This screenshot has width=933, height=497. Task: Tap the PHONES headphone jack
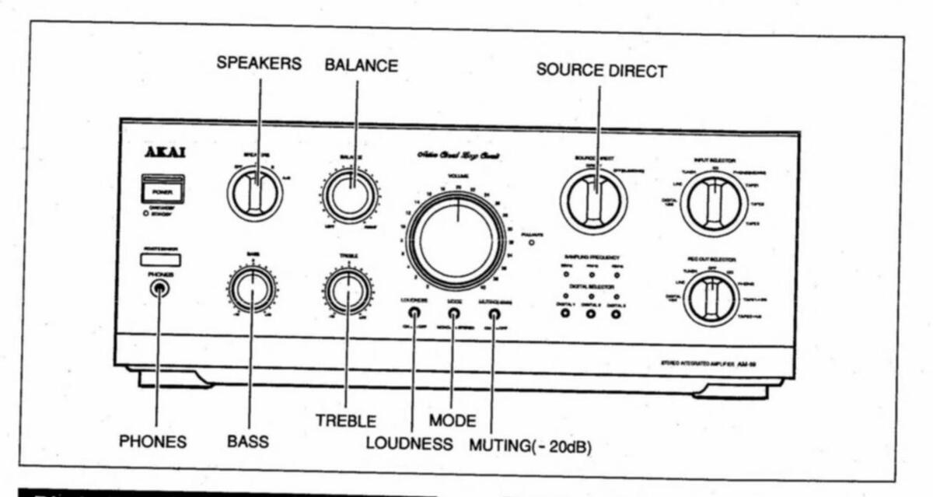point(159,289)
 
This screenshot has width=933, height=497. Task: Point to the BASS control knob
point(253,289)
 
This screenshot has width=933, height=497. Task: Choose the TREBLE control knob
point(348,290)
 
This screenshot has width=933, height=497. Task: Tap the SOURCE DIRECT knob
point(594,201)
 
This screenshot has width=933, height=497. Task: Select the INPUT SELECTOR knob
point(714,204)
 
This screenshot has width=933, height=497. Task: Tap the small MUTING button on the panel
point(494,315)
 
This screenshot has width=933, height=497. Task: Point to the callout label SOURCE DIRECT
point(601,71)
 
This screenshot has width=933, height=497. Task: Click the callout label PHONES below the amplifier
point(152,442)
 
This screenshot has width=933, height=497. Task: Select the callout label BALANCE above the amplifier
point(361,66)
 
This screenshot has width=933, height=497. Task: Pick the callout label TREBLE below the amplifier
point(346,421)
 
